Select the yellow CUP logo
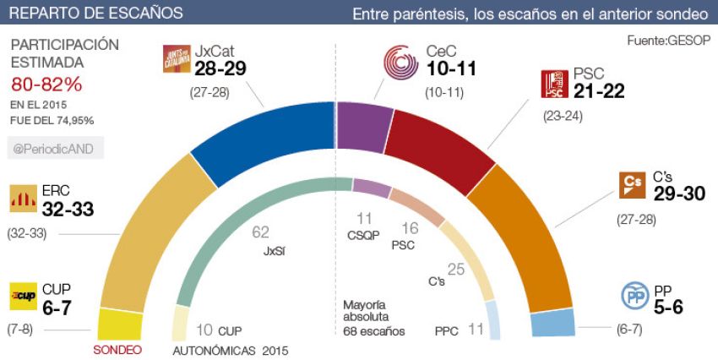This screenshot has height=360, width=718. [x=23, y=297]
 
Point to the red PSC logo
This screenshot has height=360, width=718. [x=554, y=85]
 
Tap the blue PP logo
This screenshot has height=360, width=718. [x=634, y=297]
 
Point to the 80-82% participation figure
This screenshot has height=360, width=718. [x=46, y=85]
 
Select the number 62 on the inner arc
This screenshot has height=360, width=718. [x=261, y=231]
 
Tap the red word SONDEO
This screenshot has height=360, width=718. [x=117, y=349]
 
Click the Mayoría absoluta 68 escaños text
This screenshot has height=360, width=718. [x=374, y=317]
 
